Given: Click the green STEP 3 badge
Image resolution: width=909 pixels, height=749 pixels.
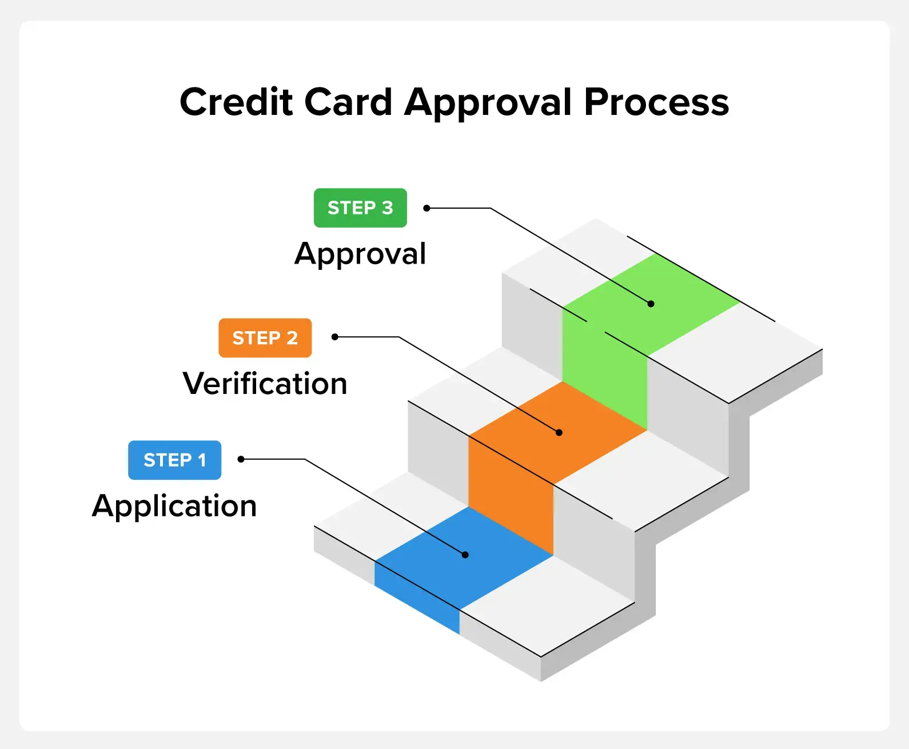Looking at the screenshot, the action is click(x=361, y=208).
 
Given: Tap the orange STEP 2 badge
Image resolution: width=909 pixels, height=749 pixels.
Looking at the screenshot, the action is click(x=265, y=338).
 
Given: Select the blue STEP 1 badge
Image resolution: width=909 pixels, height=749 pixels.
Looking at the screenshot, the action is click(x=174, y=460).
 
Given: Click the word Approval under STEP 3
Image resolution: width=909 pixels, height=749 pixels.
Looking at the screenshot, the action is click(x=360, y=254).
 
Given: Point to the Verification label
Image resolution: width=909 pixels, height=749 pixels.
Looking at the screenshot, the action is click(x=265, y=384).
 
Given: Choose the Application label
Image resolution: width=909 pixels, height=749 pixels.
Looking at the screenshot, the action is click(x=174, y=506).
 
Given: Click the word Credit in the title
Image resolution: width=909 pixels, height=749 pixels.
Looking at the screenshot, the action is click(x=236, y=102).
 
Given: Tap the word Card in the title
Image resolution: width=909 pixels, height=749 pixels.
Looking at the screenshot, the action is click(x=348, y=102).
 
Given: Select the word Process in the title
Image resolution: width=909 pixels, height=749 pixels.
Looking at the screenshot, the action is click(x=656, y=102).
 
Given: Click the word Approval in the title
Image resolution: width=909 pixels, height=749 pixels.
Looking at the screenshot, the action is click(x=488, y=103).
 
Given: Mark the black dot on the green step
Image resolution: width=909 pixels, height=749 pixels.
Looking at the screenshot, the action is click(x=651, y=304).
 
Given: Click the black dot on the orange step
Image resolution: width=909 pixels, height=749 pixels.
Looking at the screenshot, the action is click(x=559, y=432).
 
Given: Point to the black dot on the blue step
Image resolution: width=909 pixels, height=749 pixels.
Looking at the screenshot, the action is click(x=465, y=555).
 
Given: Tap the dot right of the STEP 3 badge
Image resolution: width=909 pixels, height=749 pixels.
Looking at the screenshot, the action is click(x=426, y=208).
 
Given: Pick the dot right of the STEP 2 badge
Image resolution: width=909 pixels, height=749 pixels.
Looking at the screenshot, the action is click(x=335, y=337).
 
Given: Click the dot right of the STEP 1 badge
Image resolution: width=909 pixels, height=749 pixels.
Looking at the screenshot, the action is click(x=241, y=459).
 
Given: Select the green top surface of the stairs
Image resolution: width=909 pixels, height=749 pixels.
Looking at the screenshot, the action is click(x=651, y=305).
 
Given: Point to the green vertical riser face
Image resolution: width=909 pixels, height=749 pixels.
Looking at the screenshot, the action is click(x=605, y=366).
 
